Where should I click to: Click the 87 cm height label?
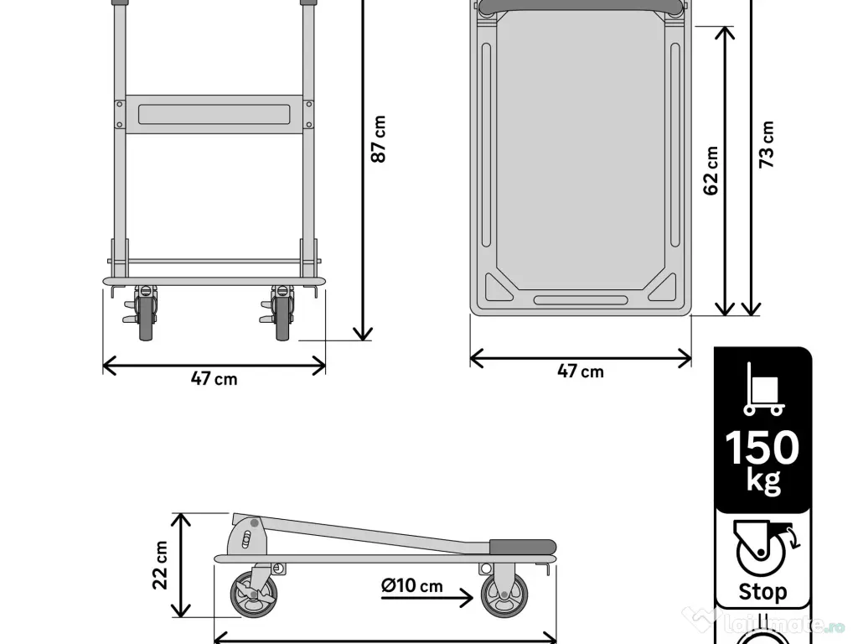(x=379, y=139)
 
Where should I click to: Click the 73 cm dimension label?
(x=766, y=144)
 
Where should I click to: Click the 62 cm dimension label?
(x=711, y=171)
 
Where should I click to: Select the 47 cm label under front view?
(x=214, y=379)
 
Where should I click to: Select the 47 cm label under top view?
(x=580, y=371)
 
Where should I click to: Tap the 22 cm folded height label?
(x=160, y=564)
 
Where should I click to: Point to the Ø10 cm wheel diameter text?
(x=411, y=586)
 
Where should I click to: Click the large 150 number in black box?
(x=762, y=448)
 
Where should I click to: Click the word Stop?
(x=762, y=592)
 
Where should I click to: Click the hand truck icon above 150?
(x=762, y=390)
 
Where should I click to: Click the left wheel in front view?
(x=147, y=319)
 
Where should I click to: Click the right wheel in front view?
(x=283, y=319)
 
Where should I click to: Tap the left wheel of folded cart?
(x=253, y=596)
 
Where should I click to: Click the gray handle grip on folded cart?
(x=521, y=546)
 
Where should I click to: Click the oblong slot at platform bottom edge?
(x=580, y=299)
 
